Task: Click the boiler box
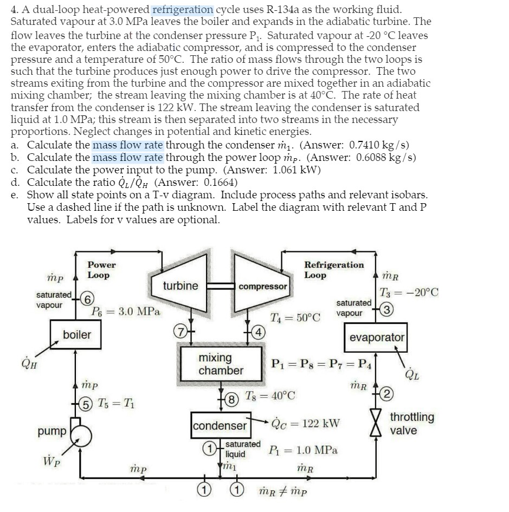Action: click(x=77, y=334)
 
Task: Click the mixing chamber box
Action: click(x=221, y=364)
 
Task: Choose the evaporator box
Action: click(x=377, y=337)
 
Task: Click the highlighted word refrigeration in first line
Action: click(x=183, y=9)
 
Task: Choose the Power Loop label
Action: click(x=101, y=270)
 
